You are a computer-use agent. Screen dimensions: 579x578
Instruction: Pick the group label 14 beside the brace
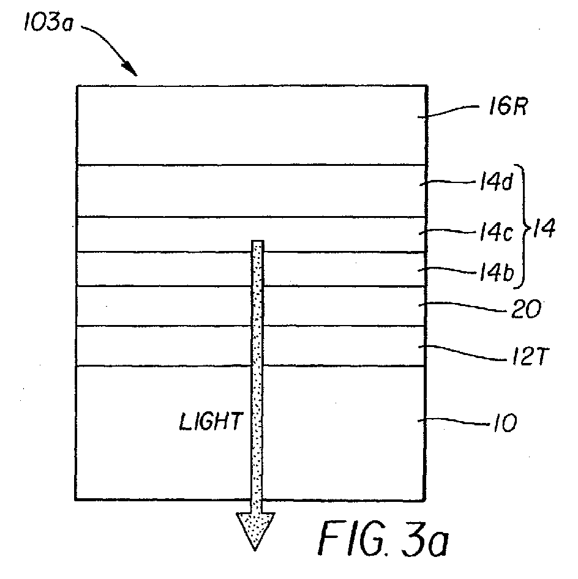pyautogui.click(x=544, y=231)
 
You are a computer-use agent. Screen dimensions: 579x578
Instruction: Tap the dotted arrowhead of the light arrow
pyautogui.click(x=255, y=529)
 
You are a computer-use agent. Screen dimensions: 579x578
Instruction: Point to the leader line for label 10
pyautogui.click(x=451, y=420)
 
